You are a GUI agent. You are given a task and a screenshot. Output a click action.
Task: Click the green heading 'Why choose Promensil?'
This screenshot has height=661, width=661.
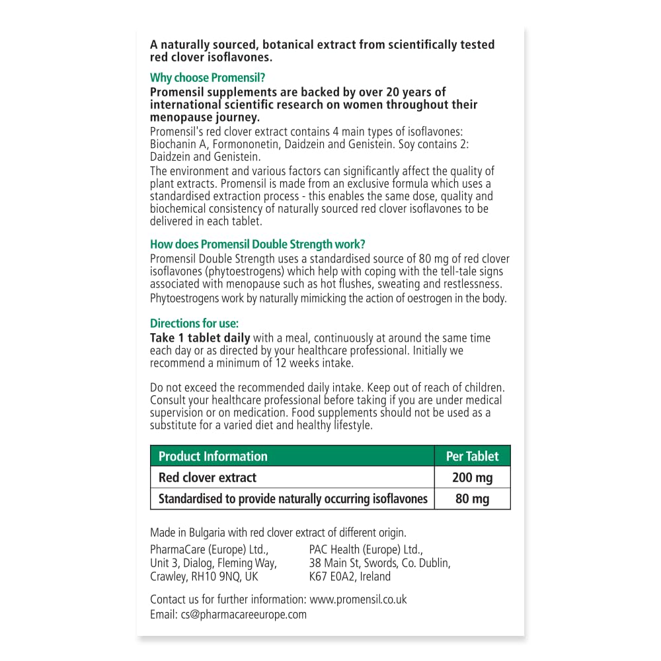(208, 78)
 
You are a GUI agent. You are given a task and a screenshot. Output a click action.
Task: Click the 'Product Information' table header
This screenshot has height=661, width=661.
(213, 456)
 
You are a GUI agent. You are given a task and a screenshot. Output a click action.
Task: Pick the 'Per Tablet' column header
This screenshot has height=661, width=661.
(473, 456)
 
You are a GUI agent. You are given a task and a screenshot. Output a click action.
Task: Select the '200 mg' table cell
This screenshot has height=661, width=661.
(473, 477)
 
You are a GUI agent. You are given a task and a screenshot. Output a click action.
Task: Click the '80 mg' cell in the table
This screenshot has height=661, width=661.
(473, 499)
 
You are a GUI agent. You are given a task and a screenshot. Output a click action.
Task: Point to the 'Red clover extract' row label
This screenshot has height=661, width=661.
(208, 477)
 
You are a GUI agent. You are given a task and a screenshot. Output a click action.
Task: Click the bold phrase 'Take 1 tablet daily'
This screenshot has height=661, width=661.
(200, 338)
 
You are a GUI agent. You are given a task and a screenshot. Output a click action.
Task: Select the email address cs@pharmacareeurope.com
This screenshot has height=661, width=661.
(243, 614)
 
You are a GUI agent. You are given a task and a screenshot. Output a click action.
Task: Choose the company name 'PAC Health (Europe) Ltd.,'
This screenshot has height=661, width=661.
(366, 549)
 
